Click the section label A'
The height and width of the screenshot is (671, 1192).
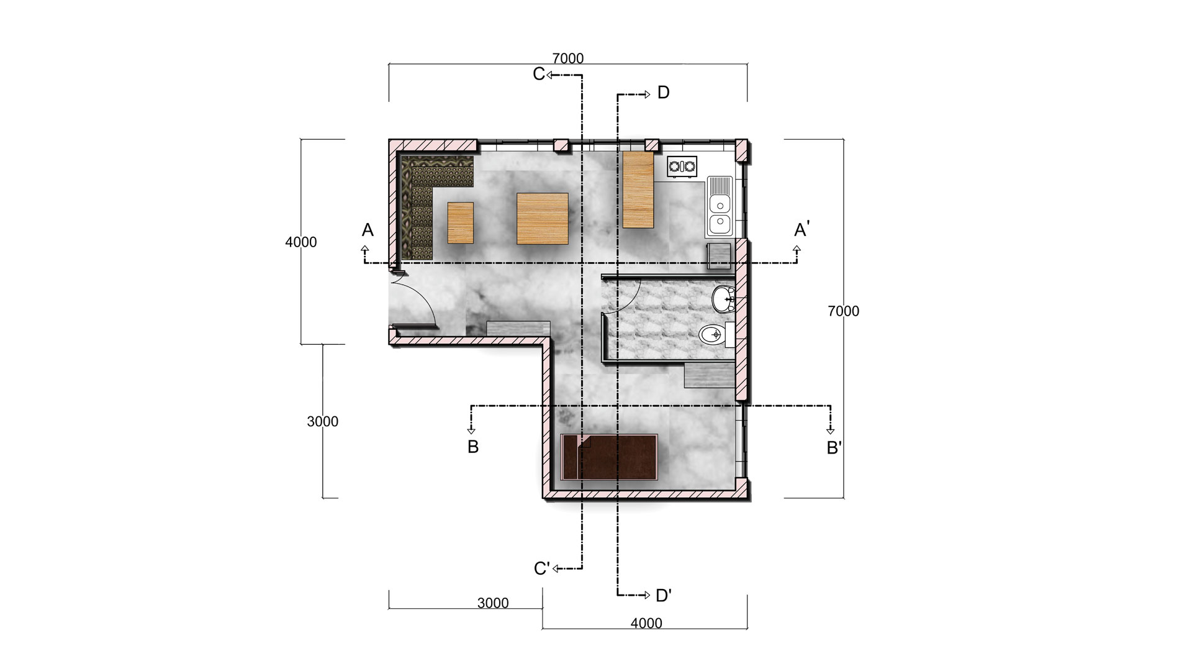(801, 230)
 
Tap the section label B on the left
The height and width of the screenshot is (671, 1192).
(473, 447)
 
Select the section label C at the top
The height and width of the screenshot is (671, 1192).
(538, 74)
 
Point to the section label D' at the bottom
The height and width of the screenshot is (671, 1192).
(664, 595)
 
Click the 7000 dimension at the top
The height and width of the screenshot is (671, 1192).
(567, 58)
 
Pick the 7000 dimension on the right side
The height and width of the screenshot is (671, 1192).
(843, 311)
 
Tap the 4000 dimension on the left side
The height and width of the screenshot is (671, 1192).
(301, 242)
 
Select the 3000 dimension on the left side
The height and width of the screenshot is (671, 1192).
(323, 422)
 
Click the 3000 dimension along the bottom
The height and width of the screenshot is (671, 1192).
(493, 603)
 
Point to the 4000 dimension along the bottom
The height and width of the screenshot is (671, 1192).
(646, 623)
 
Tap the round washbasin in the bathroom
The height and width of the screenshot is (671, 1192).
(723, 300)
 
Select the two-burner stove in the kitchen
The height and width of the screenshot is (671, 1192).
(682, 167)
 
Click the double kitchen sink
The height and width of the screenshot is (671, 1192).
(720, 206)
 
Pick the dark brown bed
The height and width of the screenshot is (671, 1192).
(609, 457)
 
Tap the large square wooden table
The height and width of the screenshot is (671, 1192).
(543, 218)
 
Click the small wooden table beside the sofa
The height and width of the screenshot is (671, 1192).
(461, 222)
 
